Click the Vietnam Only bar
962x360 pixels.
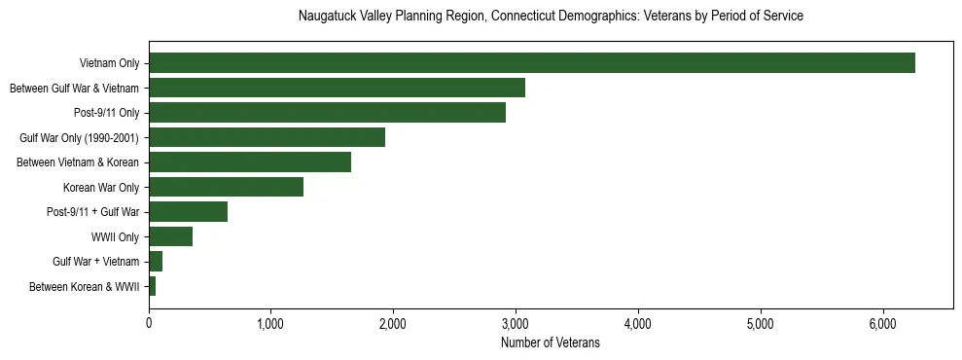pyautogui.click(x=531, y=63)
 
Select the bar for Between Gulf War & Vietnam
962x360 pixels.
pyautogui.click(x=337, y=88)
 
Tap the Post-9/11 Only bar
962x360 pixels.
pyautogui.click(x=327, y=113)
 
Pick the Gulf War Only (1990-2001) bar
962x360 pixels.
pyautogui.click(x=267, y=137)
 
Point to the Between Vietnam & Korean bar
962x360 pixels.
pyautogui.click(x=250, y=162)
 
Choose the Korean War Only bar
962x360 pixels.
pyautogui.click(x=226, y=187)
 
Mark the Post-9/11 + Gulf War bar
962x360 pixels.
pyautogui.click(x=188, y=212)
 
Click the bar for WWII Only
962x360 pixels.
pyautogui.click(x=170, y=236)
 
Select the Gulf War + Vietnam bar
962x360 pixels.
pyautogui.click(x=156, y=262)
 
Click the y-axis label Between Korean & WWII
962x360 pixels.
pyautogui.click(x=85, y=287)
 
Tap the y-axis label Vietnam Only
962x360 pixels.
pyautogui.click(x=109, y=64)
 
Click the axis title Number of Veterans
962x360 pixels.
pyautogui.click(x=551, y=342)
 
